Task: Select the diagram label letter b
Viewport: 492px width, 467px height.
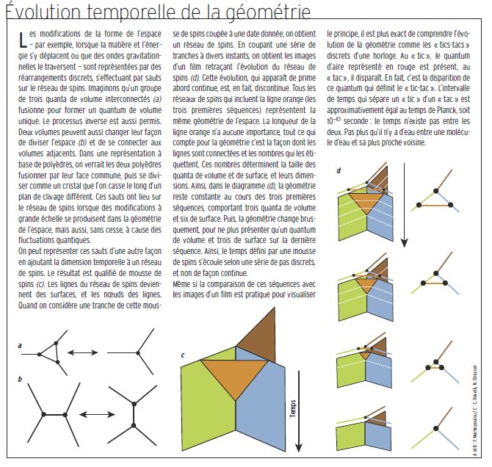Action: [20, 378]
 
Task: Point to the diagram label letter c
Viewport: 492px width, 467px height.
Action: [182, 356]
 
